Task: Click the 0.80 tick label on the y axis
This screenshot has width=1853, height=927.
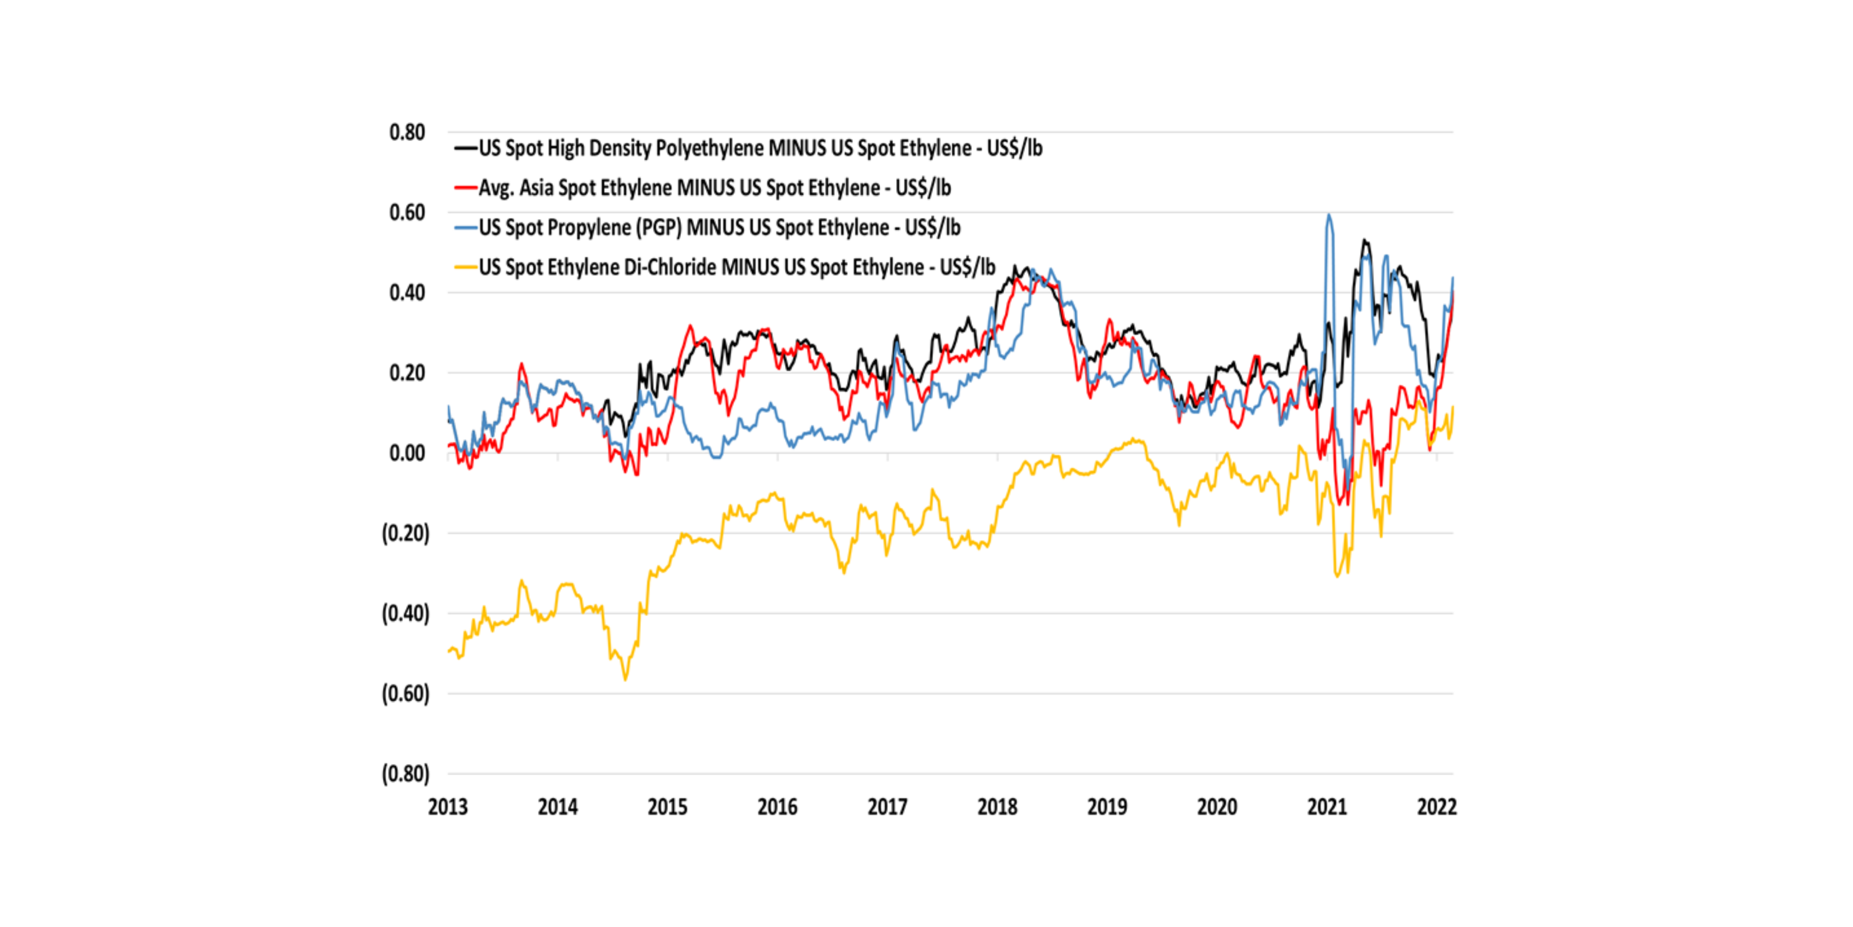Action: (x=407, y=132)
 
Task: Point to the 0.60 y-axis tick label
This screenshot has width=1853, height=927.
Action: (x=407, y=213)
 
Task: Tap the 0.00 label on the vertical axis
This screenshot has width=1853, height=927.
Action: (x=407, y=453)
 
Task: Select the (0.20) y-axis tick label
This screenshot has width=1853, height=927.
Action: (x=406, y=534)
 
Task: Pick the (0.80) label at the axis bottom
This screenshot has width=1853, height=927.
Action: (x=406, y=775)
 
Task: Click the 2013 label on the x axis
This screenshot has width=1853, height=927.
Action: (x=447, y=807)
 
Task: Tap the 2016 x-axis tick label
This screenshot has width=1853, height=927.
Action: (x=777, y=807)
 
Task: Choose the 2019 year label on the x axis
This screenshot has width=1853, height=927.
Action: (x=1107, y=807)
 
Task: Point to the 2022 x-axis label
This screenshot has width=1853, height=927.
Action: (x=1437, y=807)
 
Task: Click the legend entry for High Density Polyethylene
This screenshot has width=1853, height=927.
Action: (x=760, y=148)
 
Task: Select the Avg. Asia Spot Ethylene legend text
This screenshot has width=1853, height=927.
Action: (x=714, y=188)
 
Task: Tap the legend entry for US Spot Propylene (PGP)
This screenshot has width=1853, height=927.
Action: (x=720, y=228)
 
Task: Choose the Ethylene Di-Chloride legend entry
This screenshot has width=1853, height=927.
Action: (x=737, y=267)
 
